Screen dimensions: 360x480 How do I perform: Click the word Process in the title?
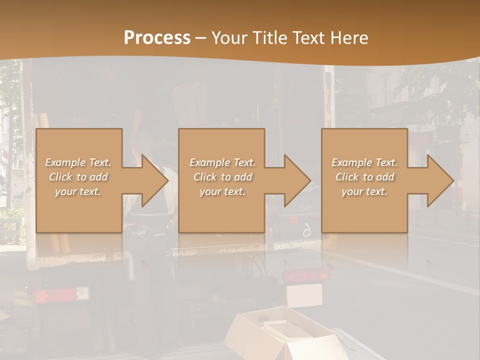(157, 38)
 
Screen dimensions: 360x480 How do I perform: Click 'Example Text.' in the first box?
(78, 162)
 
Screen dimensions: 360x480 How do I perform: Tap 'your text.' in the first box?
(78, 191)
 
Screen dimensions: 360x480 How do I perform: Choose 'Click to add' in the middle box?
(222, 177)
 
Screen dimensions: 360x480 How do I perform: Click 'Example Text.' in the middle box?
(222, 162)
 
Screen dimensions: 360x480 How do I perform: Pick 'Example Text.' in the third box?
(364, 162)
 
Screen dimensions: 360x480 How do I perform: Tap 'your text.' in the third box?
(364, 191)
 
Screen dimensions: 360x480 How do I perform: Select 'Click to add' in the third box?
(364, 177)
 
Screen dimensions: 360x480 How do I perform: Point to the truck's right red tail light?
(306, 274)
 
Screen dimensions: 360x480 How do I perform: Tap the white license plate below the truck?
(304, 295)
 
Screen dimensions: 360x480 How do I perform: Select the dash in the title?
(201, 38)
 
